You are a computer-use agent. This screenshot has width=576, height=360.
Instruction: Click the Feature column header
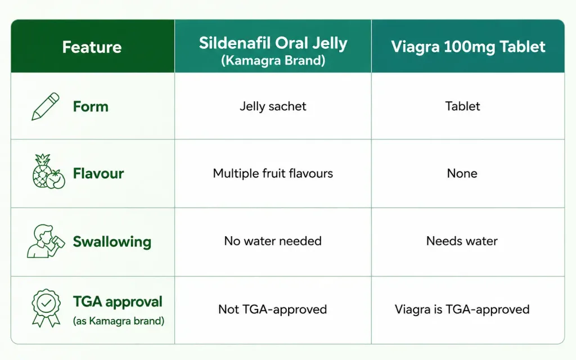point(92,47)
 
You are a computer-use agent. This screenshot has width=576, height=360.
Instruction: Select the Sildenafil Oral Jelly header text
point(273,43)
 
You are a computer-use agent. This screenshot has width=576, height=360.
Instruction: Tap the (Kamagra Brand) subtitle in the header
point(273,60)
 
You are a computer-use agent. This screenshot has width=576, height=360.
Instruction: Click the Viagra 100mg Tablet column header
point(468,47)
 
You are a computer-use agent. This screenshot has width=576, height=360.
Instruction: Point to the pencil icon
point(46,106)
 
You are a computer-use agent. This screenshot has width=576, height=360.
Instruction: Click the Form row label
point(91,106)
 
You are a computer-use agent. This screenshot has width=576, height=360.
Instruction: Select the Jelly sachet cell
point(273,106)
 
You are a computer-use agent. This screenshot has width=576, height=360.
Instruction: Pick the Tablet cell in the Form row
point(462,106)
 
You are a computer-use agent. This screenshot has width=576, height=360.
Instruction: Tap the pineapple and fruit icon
point(48,171)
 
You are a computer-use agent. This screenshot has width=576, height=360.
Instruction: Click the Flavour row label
point(98,173)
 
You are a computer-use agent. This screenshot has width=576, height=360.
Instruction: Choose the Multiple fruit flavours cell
point(273,173)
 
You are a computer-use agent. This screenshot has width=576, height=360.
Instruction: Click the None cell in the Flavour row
point(462,173)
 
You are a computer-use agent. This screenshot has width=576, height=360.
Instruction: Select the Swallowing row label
point(112,242)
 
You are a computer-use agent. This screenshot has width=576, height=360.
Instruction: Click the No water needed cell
point(273,241)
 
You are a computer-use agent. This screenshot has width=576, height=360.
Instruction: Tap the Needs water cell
point(462,241)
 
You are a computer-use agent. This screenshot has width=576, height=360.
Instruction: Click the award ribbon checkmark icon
point(46,308)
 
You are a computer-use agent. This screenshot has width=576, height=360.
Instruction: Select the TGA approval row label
point(118,302)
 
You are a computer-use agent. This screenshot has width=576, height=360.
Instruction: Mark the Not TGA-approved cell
point(273,309)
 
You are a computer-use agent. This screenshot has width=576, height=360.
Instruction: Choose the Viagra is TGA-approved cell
point(462,309)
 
